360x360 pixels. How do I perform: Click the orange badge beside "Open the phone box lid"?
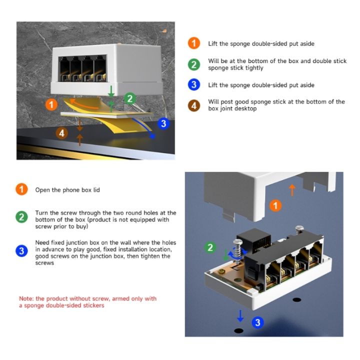click(21, 189)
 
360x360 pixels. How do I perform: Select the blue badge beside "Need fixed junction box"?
click(21, 251)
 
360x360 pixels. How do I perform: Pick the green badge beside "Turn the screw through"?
click(21, 217)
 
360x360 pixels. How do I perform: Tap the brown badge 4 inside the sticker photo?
click(61, 133)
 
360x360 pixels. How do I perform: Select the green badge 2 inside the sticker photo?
click(129, 98)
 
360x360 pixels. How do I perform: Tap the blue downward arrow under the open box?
click(240, 315)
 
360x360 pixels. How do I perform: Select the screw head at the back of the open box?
click(299, 229)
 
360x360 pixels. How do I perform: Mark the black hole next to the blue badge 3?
click(239, 330)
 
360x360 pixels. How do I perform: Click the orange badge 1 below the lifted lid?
click(275, 205)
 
